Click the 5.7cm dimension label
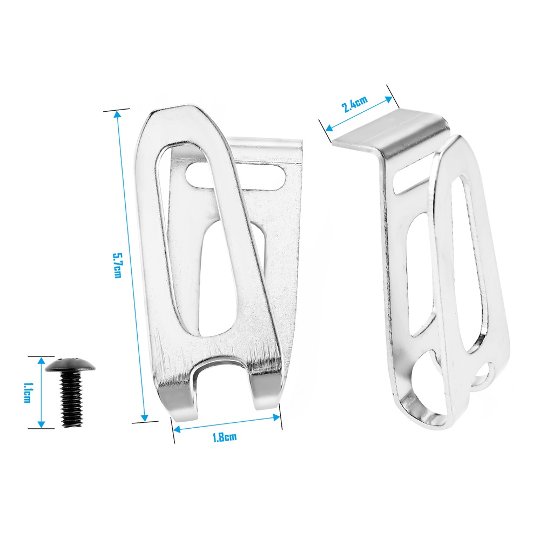117,266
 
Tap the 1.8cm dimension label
225,437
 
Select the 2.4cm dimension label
354,104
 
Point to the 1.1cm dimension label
27,393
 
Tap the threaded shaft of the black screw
72,400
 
